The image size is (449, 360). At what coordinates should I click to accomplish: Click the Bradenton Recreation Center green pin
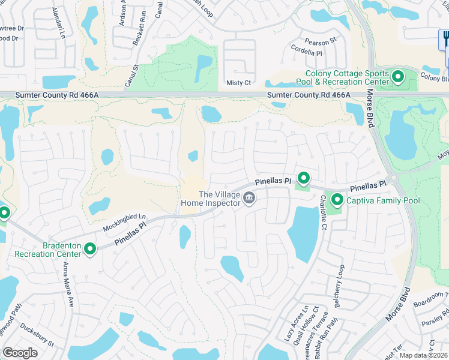91,248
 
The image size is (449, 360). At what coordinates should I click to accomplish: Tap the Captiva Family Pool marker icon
337,200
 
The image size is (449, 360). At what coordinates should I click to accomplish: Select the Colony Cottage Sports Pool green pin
397,77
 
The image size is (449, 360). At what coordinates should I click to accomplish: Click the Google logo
20,353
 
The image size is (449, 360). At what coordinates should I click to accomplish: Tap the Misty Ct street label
238,83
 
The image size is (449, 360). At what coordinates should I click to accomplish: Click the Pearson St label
321,42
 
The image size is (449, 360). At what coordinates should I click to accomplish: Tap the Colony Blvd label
435,78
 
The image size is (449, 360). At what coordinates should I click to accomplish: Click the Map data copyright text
424,355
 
